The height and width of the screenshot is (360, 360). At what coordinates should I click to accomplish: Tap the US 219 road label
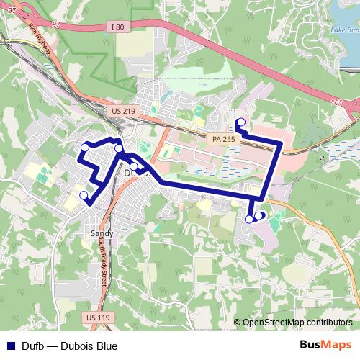[x=125, y=111]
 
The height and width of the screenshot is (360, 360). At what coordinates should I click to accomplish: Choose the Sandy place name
[x=102, y=234]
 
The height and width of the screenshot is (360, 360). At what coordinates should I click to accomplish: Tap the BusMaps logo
[x=325, y=346]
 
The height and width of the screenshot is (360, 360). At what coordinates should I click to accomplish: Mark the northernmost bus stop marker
[x=240, y=122]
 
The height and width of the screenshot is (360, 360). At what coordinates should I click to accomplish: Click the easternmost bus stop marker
[x=258, y=215]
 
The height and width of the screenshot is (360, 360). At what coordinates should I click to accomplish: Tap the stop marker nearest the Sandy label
[x=84, y=194]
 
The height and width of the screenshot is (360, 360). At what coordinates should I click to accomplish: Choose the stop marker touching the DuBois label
[x=133, y=166]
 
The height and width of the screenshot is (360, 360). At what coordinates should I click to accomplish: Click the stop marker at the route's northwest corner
[x=85, y=147]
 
